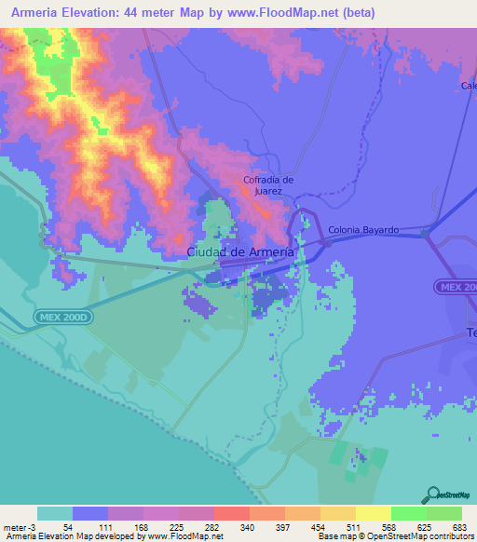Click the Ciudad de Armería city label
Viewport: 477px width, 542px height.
tap(241, 252)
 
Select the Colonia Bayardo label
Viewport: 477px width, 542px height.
tap(364, 229)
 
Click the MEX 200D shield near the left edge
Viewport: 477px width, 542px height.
tap(64, 318)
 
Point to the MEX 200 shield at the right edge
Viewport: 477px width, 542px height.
tap(457, 288)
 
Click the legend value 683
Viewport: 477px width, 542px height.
tap(459, 526)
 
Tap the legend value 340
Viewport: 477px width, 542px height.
tap(246, 526)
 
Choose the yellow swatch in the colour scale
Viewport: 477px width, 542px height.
tap(338, 513)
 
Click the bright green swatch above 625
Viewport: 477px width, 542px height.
tap(408, 513)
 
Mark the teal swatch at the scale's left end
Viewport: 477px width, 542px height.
tap(54, 513)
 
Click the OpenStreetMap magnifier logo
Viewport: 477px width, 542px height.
tap(434, 494)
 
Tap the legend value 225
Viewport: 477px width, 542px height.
tap(174, 526)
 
